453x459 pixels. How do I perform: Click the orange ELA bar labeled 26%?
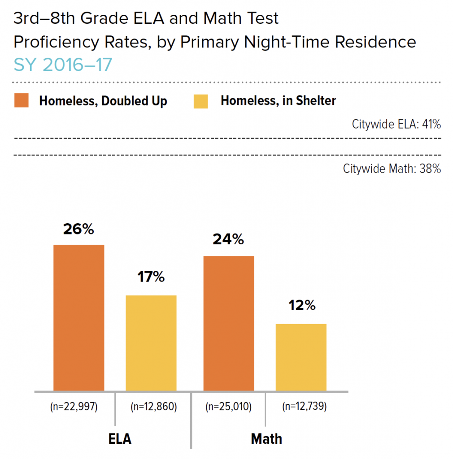coord(79,317)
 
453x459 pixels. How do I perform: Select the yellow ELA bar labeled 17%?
coord(151,343)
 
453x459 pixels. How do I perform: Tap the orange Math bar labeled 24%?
coord(229,323)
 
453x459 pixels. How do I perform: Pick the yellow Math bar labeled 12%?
coord(301,357)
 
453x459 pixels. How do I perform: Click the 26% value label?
coord(78,229)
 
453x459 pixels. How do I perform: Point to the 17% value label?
coord(151,277)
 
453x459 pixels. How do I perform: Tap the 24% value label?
coord(229,240)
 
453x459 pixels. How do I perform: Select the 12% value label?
coord(301,306)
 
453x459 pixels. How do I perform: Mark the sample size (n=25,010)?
coord(228,407)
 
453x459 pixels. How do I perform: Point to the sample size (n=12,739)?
coord(304,407)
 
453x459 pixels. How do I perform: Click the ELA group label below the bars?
coord(120,438)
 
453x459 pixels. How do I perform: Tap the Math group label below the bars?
coord(266,438)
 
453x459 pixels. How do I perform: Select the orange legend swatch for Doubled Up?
coord(22,101)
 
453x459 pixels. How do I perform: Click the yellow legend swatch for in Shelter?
coord(201,101)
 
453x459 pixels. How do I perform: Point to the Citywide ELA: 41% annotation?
coord(396,125)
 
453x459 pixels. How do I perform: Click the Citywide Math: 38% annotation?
coord(392,169)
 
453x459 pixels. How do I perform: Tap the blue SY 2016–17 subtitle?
coord(63,65)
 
